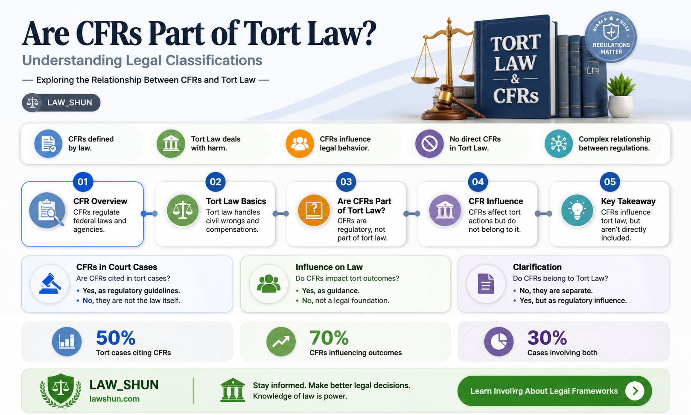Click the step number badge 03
(x=346, y=182)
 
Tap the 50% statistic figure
(x=116, y=338)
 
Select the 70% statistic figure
(x=329, y=338)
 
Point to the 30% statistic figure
(x=547, y=338)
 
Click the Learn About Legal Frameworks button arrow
(x=635, y=391)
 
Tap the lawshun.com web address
(x=114, y=399)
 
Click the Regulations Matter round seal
(x=611, y=37)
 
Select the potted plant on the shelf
(x=620, y=95)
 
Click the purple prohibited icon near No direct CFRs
(x=429, y=144)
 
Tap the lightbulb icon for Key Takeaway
(x=577, y=210)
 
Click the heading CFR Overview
(x=100, y=201)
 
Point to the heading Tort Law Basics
(x=236, y=201)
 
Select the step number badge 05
(x=609, y=182)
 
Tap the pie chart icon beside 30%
(x=499, y=341)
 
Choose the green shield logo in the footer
(x=61, y=390)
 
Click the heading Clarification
(x=537, y=267)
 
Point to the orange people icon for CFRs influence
(x=300, y=144)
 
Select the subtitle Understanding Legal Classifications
(x=142, y=61)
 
